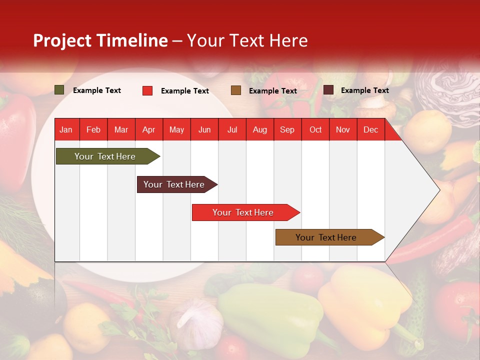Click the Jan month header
[x=66, y=130]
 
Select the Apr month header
[x=148, y=130]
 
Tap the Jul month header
[x=232, y=130]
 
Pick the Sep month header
[x=287, y=130]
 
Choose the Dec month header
[x=370, y=130]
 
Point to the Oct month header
[x=315, y=130]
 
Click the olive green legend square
[x=59, y=90]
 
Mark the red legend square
[x=147, y=90]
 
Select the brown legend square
[x=236, y=90]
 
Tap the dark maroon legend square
[x=328, y=90]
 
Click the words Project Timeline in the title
[x=100, y=40]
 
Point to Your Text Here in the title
[x=247, y=40]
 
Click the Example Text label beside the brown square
[x=272, y=91]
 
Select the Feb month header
[x=93, y=130]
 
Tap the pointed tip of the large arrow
[x=438, y=190]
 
